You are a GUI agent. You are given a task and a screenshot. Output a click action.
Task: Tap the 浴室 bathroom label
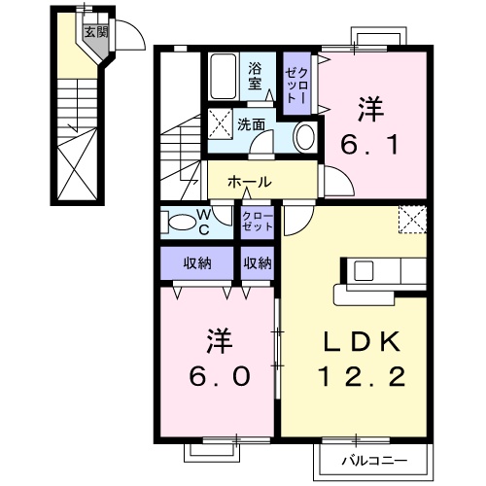tap(256, 76)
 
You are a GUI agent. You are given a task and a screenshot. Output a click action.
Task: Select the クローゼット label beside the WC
tap(257, 221)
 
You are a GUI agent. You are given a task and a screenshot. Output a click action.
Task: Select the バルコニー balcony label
tap(372, 459)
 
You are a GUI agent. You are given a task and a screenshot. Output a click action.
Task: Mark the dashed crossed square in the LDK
tap(413, 220)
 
